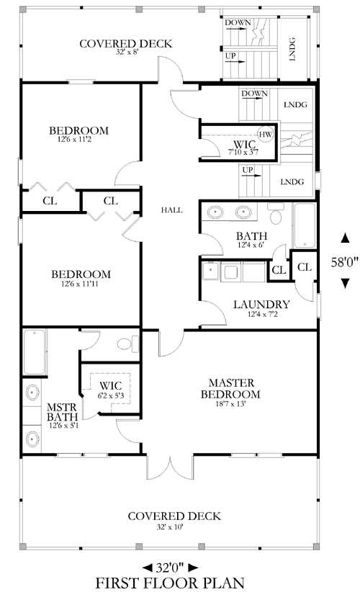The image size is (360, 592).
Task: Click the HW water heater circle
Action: pos(266,134)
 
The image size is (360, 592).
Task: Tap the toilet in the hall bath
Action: pos(275,214)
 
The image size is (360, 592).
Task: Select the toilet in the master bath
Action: pos(128,344)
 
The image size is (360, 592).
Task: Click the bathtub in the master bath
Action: pos(35,352)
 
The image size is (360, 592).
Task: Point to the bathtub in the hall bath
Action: pos(305,225)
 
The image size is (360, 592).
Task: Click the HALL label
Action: pos(171,210)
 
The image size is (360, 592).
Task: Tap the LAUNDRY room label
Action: pos(261,305)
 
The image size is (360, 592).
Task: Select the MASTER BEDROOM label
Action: pos(230,389)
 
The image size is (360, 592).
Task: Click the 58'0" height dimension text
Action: pos(345,262)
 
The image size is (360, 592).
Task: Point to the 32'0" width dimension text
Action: pos(170,567)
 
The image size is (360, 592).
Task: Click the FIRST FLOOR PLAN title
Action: pos(170,583)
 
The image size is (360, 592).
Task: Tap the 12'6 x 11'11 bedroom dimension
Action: pos(80,284)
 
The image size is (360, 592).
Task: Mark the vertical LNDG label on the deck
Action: pos(293,49)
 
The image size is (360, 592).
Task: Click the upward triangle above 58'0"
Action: pos(345,238)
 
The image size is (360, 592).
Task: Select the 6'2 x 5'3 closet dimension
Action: pos(111,395)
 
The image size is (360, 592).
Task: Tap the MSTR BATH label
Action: pos(62,412)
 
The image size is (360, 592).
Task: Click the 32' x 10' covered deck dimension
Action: pos(170,526)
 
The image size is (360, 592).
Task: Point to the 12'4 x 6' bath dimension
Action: pos(251,245)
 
